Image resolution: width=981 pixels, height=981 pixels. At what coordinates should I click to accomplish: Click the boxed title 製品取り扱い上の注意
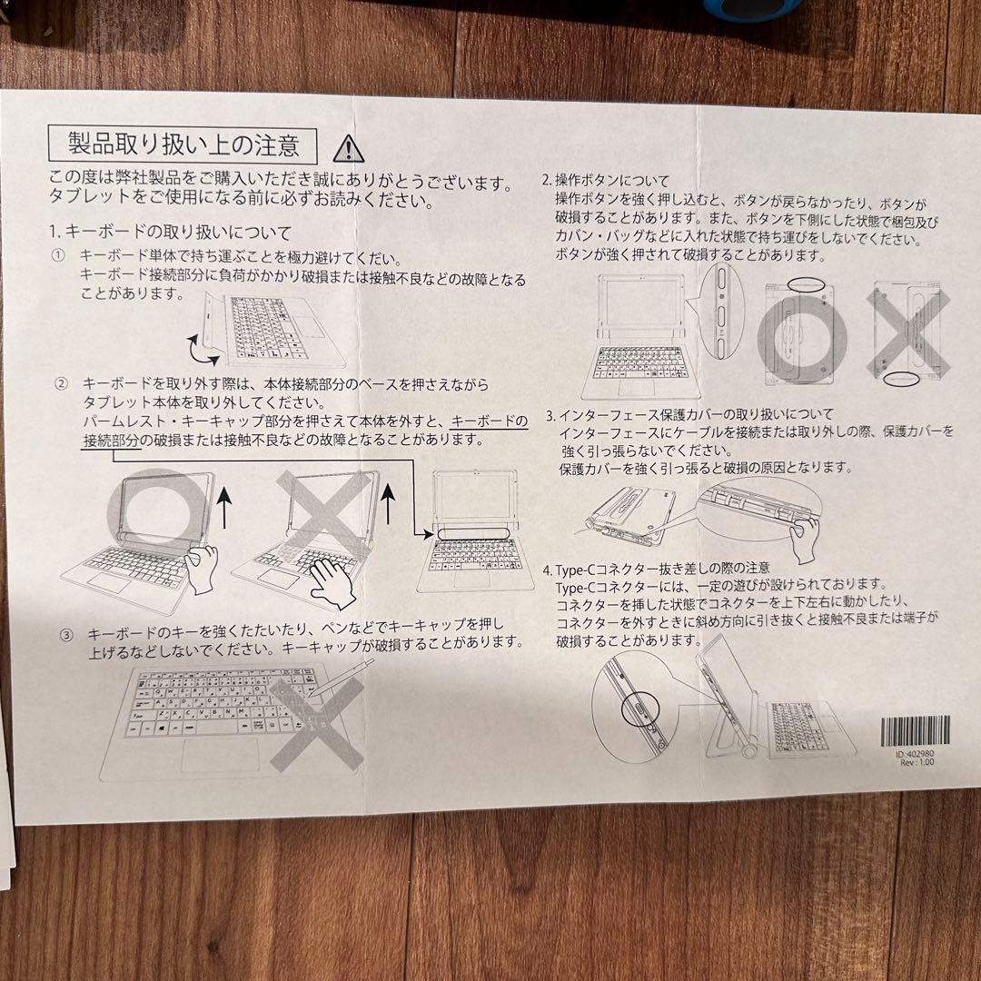[x=183, y=144]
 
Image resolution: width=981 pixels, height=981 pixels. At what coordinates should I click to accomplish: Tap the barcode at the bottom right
[x=916, y=729]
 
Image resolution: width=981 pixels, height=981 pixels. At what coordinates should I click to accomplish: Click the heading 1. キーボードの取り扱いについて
[x=172, y=233]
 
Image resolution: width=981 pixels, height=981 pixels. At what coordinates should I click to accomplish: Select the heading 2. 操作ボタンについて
[x=606, y=180]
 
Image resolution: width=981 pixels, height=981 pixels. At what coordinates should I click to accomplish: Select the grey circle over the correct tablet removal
[x=160, y=514]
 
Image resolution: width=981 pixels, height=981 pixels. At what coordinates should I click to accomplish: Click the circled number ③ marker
[x=65, y=631]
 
